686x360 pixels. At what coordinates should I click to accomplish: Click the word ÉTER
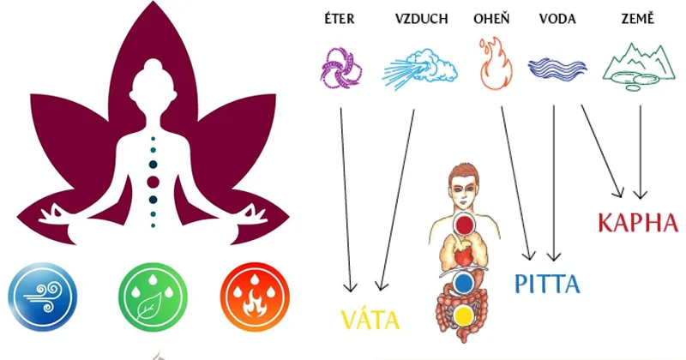(340, 19)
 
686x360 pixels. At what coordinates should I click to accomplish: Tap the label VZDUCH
(421, 19)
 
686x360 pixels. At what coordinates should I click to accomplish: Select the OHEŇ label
(491, 19)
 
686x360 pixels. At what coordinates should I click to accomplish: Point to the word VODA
(557, 19)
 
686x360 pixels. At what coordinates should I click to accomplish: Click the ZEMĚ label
(638, 19)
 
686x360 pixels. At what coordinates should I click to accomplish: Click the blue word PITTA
(547, 284)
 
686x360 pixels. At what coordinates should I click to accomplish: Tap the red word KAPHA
(638, 222)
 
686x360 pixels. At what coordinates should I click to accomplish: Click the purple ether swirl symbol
(340, 69)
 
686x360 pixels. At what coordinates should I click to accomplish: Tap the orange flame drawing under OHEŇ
(496, 64)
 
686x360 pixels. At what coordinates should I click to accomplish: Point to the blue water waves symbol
(557, 69)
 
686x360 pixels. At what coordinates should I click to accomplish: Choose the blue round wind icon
(43, 296)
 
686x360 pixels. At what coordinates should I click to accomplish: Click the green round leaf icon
(153, 296)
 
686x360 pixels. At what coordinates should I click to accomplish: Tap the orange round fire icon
(255, 296)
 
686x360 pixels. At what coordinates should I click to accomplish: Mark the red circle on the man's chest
(465, 225)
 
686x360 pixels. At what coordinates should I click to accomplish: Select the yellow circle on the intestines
(463, 315)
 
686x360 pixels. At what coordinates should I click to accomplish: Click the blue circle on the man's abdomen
(463, 283)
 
